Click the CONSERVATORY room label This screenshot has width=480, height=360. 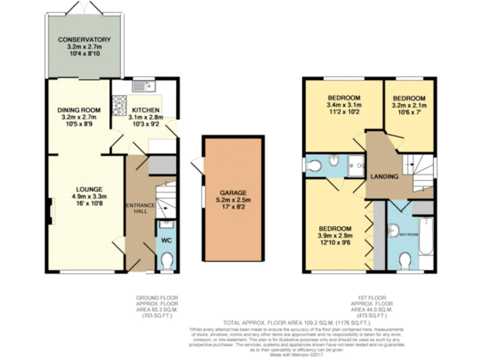click(84, 40)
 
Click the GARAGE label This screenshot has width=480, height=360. click(232, 192)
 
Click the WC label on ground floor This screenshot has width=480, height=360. click(166, 240)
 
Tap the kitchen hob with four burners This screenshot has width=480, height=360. click(119, 103)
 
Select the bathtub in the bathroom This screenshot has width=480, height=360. click(426, 236)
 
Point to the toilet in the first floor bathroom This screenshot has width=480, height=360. click(405, 259)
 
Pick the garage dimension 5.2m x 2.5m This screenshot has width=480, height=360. click(232, 200)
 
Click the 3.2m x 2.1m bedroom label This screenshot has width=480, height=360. click(409, 106)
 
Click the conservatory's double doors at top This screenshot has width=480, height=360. click(84, 7)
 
